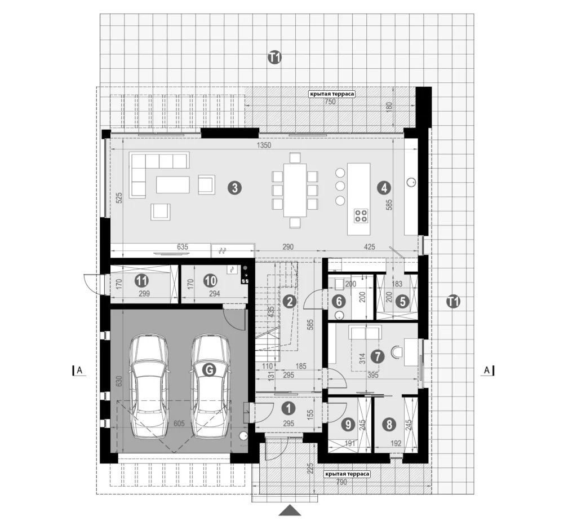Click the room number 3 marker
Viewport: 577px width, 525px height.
tap(235, 188)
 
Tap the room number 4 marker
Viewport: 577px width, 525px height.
tap(384, 188)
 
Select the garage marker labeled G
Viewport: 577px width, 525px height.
tap(210, 370)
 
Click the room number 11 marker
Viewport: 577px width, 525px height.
tap(141, 281)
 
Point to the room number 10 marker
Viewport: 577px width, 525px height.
tap(211, 281)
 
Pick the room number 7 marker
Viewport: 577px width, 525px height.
tap(378, 356)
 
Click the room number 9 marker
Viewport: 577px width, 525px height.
tap(348, 425)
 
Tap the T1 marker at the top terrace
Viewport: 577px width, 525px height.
tap(274, 58)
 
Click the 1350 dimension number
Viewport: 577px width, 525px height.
tap(264, 145)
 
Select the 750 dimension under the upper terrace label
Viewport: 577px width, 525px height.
tap(330, 102)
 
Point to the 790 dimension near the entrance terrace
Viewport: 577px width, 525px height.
tap(341, 482)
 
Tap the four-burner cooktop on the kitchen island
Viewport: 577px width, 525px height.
tap(361, 216)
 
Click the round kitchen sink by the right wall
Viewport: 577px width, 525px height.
tap(411, 182)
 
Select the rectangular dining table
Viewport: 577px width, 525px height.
tap(295, 190)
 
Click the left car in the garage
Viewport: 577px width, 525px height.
tap(149, 386)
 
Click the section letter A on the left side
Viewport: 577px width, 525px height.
tap(80, 370)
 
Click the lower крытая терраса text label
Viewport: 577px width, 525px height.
tap(347, 474)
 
